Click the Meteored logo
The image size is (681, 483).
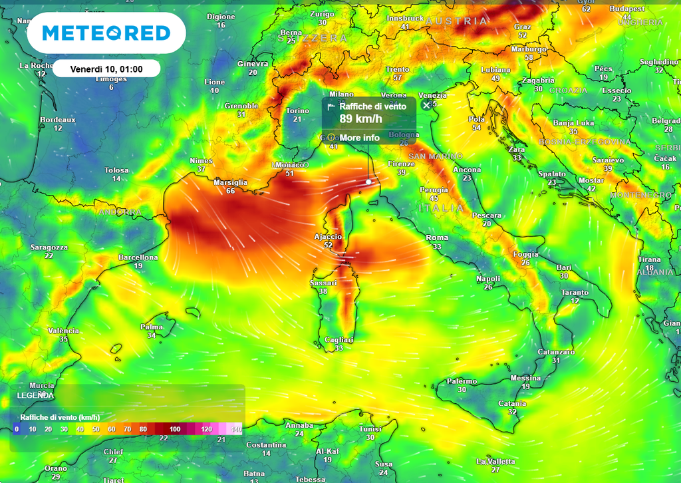pyautogui.click(x=106, y=33)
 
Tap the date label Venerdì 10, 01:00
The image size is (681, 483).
pyautogui.click(x=106, y=69)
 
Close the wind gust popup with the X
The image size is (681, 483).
pyautogui.click(x=426, y=105)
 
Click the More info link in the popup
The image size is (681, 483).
pyautogui.click(x=359, y=138)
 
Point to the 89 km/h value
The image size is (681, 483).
pyautogui.click(x=360, y=119)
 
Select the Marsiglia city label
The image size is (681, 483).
pyautogui.click(x=231, y=182)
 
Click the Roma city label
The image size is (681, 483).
pyautogui.click(x=437, y=238)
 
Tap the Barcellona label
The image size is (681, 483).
pyautogui.click(x=138, y=257)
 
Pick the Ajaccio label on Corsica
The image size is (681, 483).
pyautogui.click(x=328, y=237)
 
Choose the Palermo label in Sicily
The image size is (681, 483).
pyautogui.click(x=462, y=381)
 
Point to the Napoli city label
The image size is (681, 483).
pyautogui.click(x=488, y=279)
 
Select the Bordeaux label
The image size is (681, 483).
pyautogui.click(x=58, y=120)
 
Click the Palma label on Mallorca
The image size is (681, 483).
pyautogui.click(x=152, y=327)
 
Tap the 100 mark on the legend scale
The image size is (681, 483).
pyautogui.click(x=174, y=429)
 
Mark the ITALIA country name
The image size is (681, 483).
pyautogui.click(x=441, y=208)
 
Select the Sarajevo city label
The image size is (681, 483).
pyautogui.click(x=608, y=160)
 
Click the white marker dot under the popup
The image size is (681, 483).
pyautogui.click(x=368, y=181)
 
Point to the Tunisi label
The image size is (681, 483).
pyautogui.click(x=370, y=428)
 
